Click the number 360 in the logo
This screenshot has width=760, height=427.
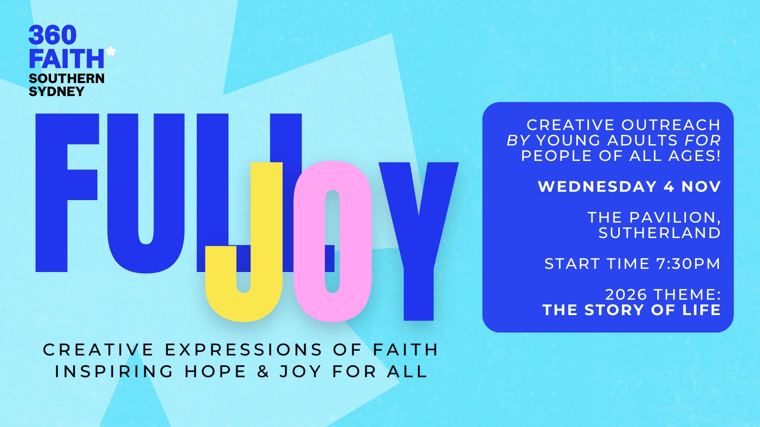53,35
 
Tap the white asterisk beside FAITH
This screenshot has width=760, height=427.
111,51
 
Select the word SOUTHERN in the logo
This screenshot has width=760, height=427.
66,78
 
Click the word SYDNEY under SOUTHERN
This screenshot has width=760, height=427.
57,92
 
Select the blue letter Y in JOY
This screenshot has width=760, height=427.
419,237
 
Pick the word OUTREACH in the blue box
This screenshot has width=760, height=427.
671,125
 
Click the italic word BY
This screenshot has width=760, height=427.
518,140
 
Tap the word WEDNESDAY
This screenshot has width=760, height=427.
597,187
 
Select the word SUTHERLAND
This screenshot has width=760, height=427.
659,233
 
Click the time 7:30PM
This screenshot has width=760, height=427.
688,264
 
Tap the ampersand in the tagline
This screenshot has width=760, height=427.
263,372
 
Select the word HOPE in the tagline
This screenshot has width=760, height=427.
215,372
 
